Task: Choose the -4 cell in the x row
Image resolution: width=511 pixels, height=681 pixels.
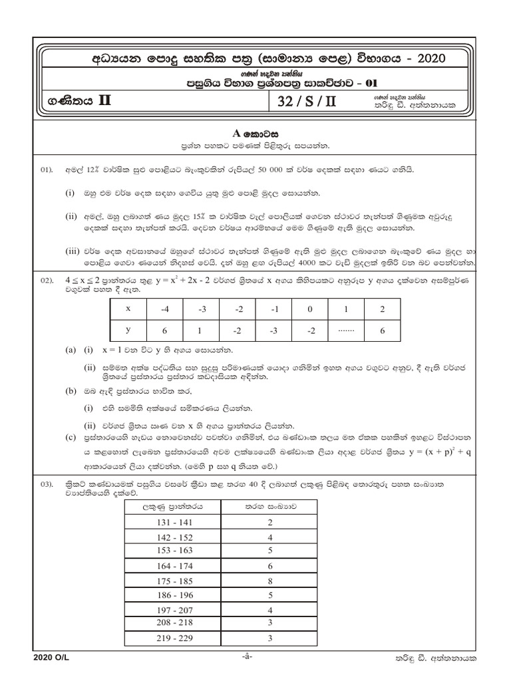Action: (165, 310)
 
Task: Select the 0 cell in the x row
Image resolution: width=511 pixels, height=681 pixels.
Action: (308, 310)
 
